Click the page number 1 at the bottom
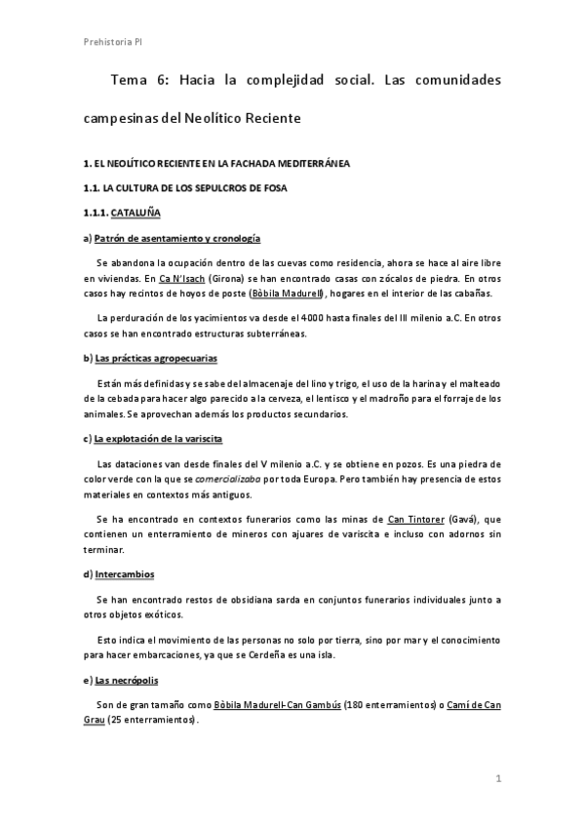(x=497, y=778)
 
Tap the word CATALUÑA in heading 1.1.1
(x=136, y=212)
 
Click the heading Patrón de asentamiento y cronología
(x=177, y=238)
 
